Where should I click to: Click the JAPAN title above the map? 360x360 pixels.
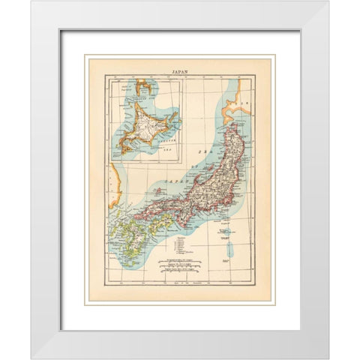(x=180, y=72)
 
